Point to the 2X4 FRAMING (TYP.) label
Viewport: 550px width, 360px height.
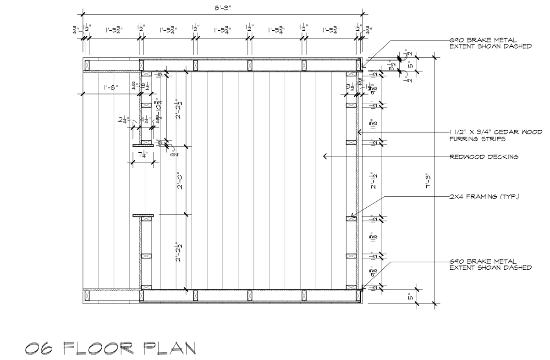[x=484, y=197]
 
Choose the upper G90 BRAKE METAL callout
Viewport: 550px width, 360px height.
[x=490, y=43]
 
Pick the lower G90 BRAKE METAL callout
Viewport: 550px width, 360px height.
[x=490, y=264]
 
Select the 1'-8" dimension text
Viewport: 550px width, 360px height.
[x=111, y=88]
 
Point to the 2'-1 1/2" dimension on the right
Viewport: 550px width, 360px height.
[x=375, y=180]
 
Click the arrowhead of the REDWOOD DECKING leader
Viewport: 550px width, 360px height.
[x=324, y=157]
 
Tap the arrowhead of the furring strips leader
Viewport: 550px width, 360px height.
[x=359, y=133]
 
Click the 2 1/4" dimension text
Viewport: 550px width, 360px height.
[x=122, y=121]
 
